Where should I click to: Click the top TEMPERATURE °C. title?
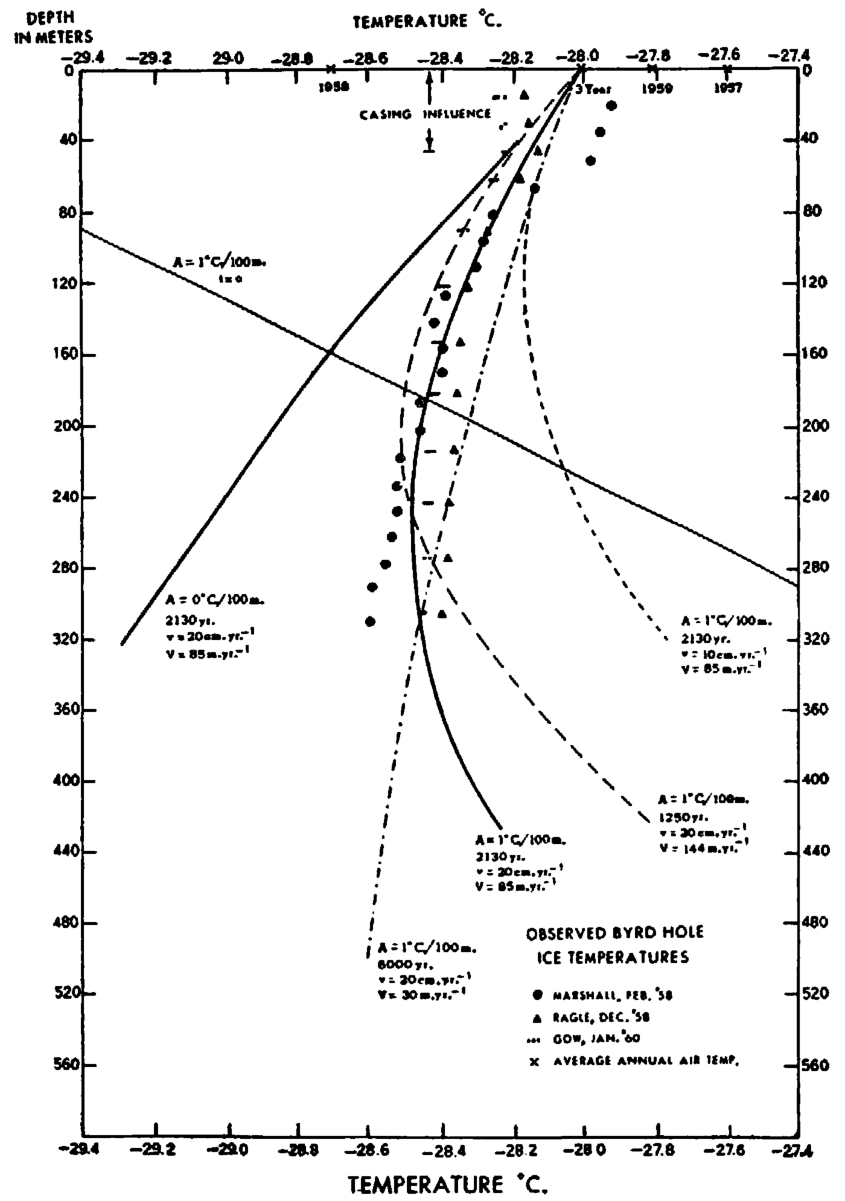pyautogui.click(x=427, y=22)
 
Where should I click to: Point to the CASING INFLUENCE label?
pyautogui.click(x=425, y=114)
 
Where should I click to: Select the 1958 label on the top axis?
pyautogui.click(x=334, y=87)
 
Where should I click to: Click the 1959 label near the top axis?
pyautogui.click(x=657, y=88)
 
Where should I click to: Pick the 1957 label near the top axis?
pyautogui.click(x=727, y=88)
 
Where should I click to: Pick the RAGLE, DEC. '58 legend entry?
pyautogui.click(x=601, y=1017)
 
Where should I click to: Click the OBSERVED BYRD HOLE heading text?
pyautogui.click(x=614, y=932)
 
